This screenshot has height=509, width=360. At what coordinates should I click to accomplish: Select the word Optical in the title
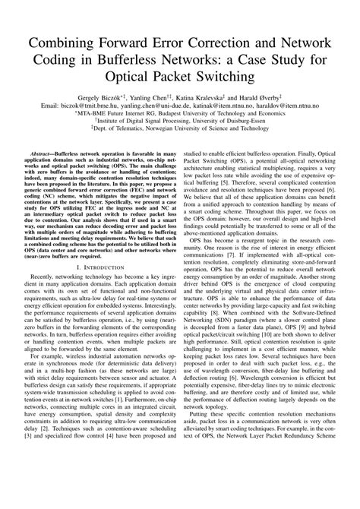click(139, 77)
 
